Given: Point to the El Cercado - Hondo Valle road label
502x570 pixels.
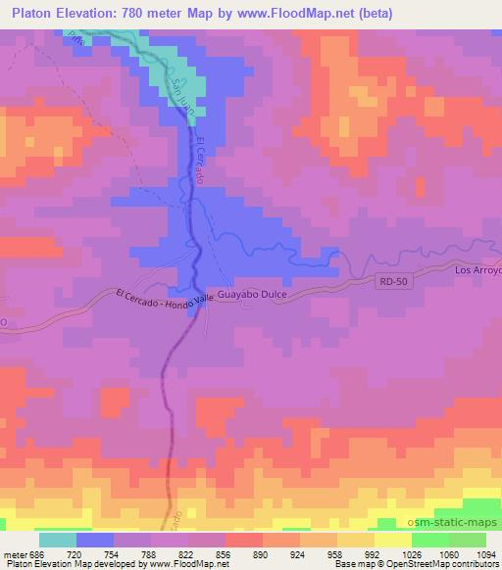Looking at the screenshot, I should (163, 298).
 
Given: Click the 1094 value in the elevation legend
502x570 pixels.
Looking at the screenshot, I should (485, 554).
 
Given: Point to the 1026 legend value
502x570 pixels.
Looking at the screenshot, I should (411, 554).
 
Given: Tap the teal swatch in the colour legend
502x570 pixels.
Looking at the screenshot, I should (58, 540).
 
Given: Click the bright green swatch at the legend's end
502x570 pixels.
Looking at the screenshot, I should (467, 540).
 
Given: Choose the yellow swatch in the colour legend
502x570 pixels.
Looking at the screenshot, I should (392, 540).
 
